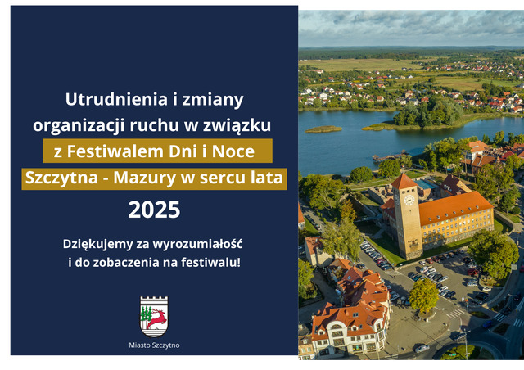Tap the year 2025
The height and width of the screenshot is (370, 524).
[154, 210]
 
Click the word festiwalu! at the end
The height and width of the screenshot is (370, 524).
[211, 263]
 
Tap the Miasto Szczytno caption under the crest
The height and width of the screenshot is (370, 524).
[154, 345]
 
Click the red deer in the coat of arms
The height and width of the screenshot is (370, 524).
[156, 318]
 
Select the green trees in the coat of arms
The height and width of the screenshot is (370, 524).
[146, 314]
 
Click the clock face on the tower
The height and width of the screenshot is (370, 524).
[409, 200]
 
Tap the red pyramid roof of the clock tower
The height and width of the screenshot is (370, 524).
[404, 182]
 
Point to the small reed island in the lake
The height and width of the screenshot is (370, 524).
[323, 129]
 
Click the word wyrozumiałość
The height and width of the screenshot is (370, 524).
[197, 244]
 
